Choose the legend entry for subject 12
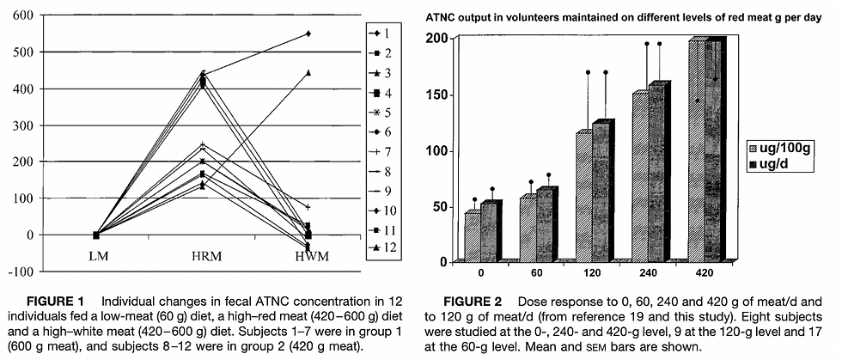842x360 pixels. [x=380, y=248]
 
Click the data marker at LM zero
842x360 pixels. [x=97, y=235]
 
